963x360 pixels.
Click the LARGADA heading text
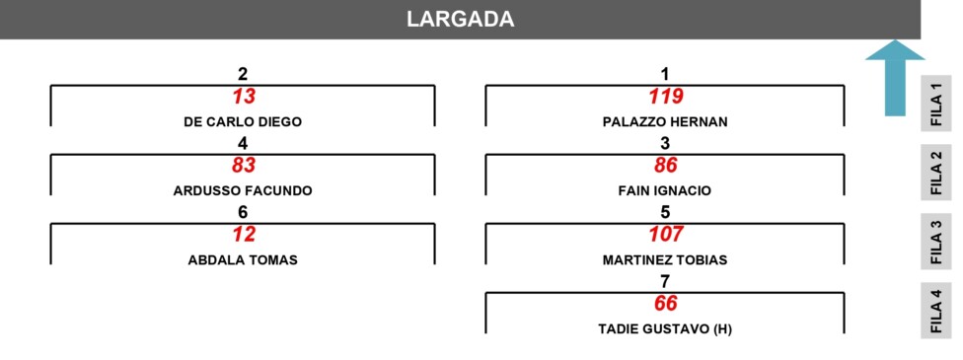[x=460, y=19]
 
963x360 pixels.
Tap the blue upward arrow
[x=895, y=78]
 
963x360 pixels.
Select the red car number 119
[x=666, y=97]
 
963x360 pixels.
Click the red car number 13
[x=243, y=97]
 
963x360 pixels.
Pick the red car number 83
[x=243, y=166]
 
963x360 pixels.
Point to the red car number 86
[x=666, y=166]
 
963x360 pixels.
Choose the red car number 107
[x=666, y=235]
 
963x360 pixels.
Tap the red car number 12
[x=243, y=235]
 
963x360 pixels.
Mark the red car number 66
[x=666, y=304]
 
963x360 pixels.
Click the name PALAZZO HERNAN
[x=665, y=122]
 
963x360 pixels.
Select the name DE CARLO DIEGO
[x=243, y=122]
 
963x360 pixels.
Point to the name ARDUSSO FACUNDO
[x=243, y=191]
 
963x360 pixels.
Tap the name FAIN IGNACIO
[x=665, y=191]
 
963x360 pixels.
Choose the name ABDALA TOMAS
[x=243, y=259]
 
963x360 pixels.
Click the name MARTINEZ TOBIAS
[x=665, y=259]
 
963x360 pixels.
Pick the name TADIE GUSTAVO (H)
[x=665, y=329]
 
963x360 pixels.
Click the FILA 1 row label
[x=936, y=104]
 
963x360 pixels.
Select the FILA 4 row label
[x=936, y=311]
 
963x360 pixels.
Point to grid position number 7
[x=664, y=281]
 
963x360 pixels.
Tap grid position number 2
[x=243, y=74]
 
